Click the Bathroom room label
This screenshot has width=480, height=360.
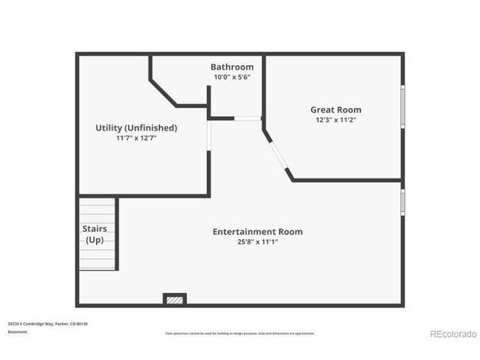coord(232,67)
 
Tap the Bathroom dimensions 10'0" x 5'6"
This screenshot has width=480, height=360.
coord(232,76)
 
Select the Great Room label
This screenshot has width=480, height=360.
coord(335,109)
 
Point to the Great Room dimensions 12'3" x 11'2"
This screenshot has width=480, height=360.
coord(335,120)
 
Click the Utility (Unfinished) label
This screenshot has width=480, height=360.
coord(136,127)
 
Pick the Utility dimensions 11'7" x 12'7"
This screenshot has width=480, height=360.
coord(136,138)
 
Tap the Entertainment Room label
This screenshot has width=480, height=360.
coord(257,232)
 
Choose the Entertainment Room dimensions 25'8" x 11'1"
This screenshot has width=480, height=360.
coord(257,241)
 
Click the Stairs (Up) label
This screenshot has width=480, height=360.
coord(94,234)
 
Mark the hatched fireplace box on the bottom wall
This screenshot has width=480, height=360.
coord(175,300)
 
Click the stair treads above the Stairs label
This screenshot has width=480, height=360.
coord(97,209)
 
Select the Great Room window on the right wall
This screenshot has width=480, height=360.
coord(402,106)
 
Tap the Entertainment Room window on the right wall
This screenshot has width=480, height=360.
coord(402,201)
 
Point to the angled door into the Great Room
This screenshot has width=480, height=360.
coord(277,154)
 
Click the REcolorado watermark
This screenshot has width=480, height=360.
coord(453,334)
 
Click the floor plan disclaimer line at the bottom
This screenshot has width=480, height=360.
coord(239,333)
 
